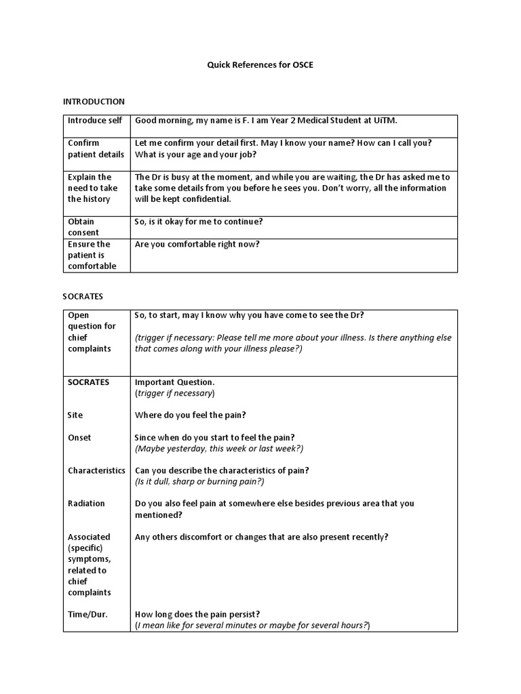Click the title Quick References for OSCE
260,66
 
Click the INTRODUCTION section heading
94,102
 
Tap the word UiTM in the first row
385,121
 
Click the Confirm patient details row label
96,148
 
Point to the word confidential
199,199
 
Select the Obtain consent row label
81,227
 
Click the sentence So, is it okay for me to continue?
199,222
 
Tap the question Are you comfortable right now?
197,244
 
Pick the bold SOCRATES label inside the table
88,382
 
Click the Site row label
75,415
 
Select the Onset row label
79,438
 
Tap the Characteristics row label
96,470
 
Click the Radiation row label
86,504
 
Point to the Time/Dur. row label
88,614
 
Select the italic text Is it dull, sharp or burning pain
199,481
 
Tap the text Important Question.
175,382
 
